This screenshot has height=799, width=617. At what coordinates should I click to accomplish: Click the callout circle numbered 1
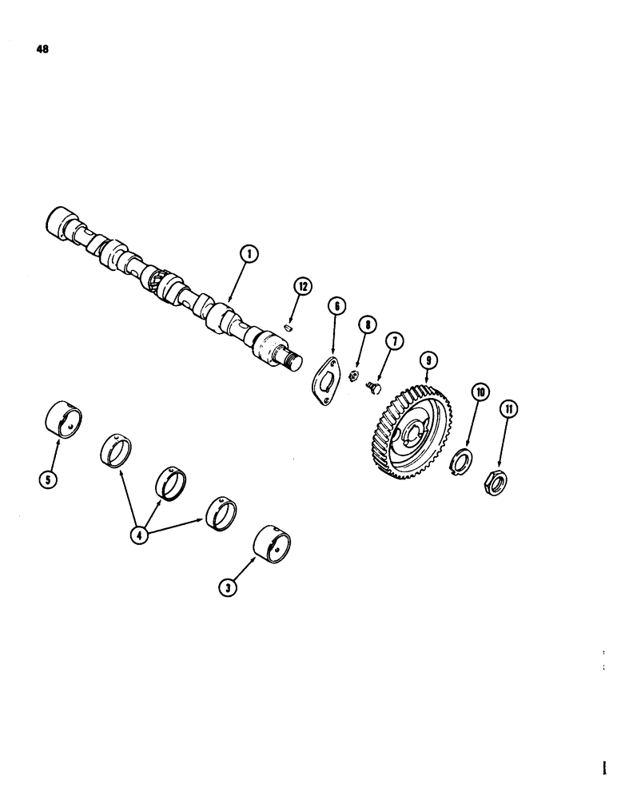tap(250, 255)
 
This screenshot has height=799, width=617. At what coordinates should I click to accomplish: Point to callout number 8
tap(367, 325)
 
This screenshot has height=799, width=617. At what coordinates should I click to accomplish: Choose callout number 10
tap(480, 392)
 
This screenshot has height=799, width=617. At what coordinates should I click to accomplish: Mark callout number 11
tap(508, 410)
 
